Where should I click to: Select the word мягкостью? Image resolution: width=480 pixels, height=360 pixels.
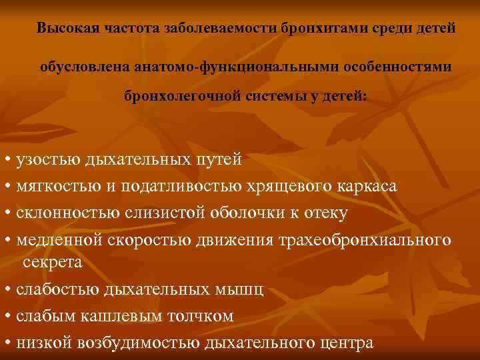tap(55, 186)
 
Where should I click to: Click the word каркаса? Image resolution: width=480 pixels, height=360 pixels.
tap(368, 186)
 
